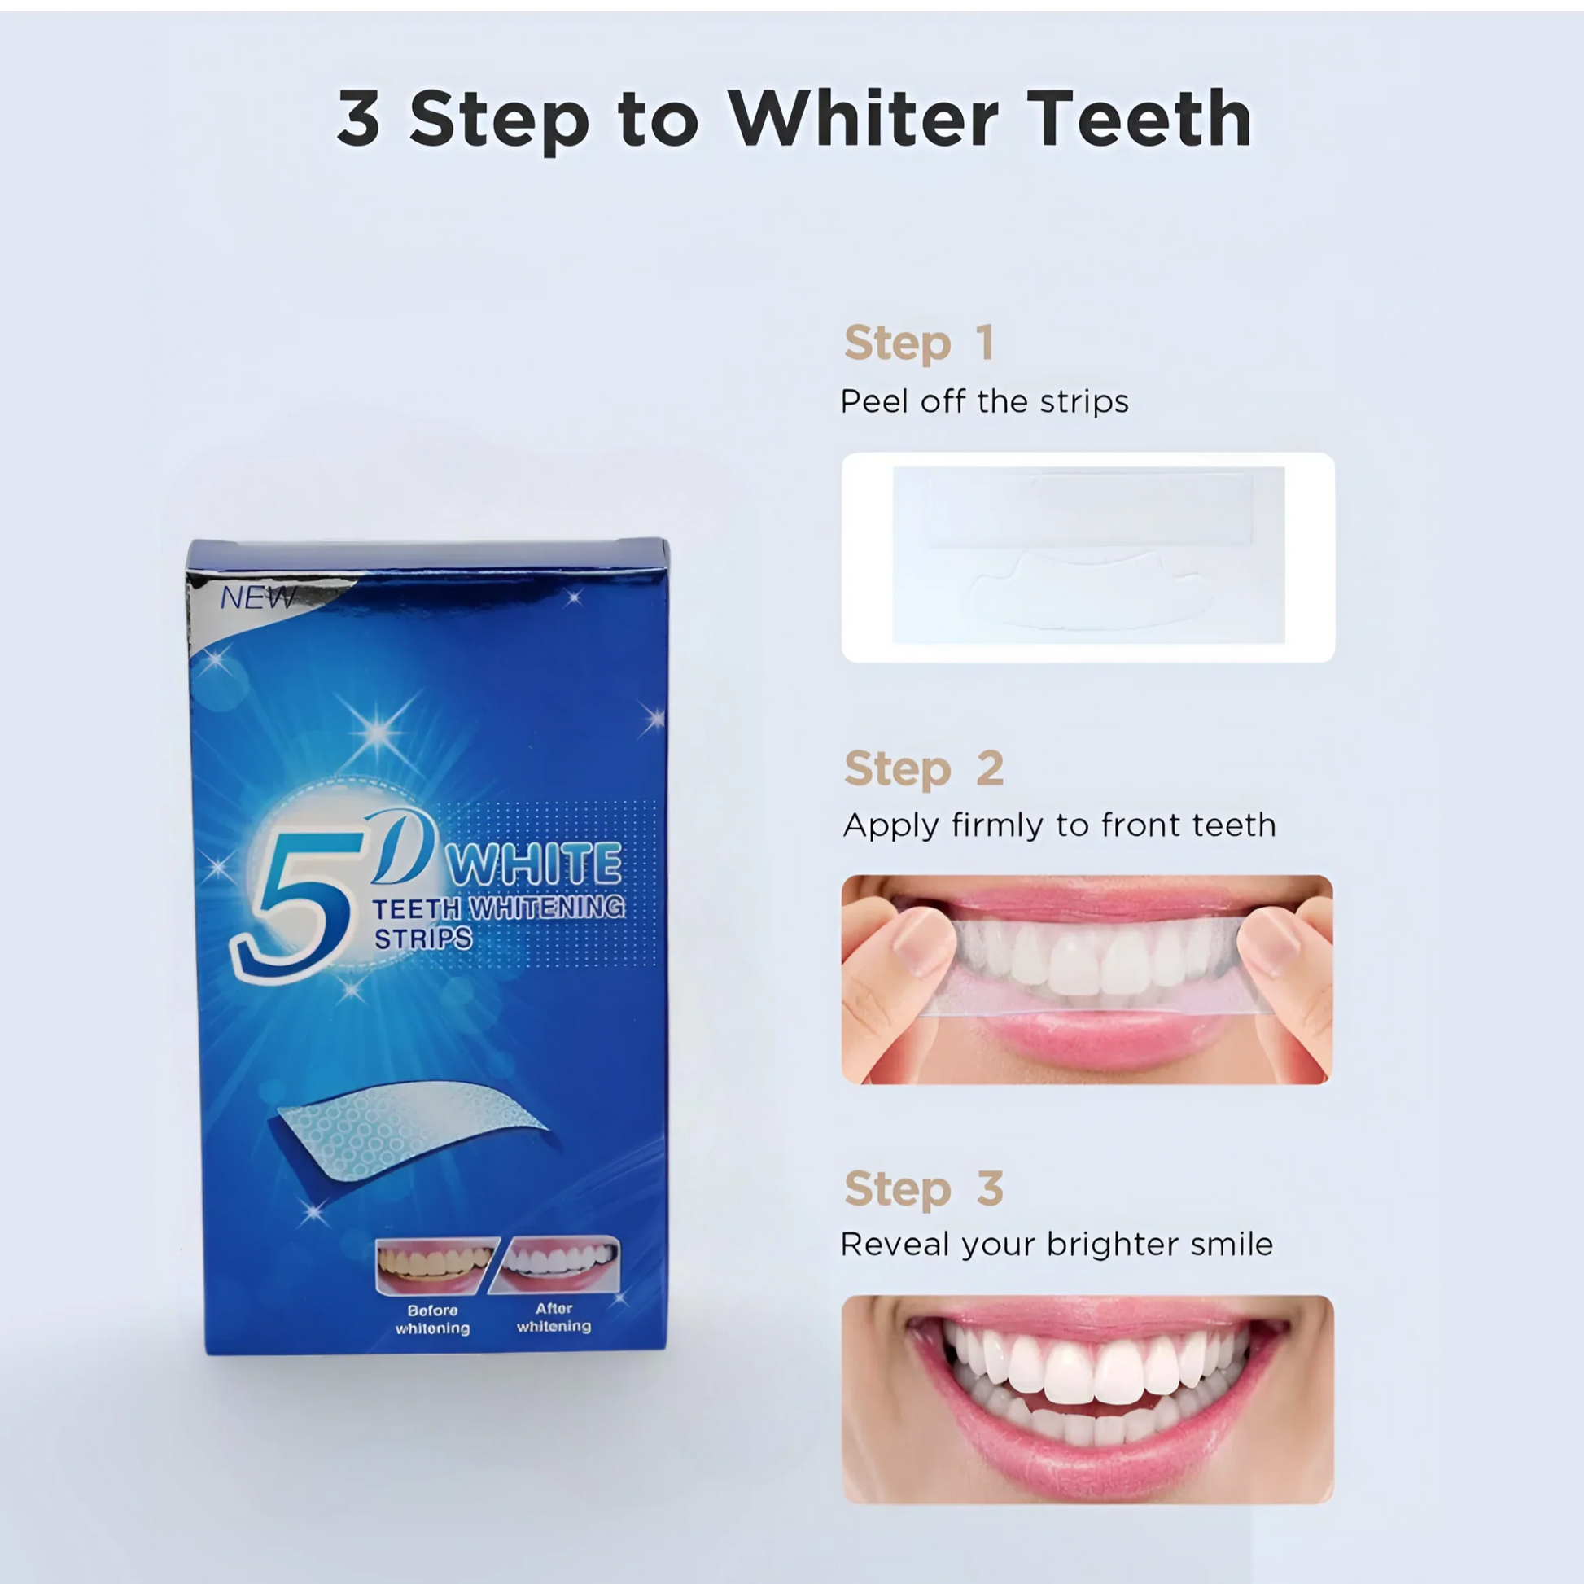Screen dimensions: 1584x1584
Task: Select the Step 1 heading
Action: (x=919, y=343)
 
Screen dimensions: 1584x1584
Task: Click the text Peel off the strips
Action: (x=984, y=402)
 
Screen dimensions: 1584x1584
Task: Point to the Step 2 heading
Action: (x=924, y=768)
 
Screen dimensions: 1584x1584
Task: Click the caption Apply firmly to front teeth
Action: (x=1059, y=825)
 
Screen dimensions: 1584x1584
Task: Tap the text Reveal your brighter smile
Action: (x=1057, y=1245)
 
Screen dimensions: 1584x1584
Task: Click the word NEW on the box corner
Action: (x=257, y=598)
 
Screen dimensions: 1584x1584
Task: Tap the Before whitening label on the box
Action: (x=433, y=1319)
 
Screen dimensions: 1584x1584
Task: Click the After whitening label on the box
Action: (x=554, y=1318)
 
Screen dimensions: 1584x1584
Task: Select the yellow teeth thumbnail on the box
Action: (x=436, y=1266)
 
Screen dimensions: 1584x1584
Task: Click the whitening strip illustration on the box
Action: (x=410, y=1127)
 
